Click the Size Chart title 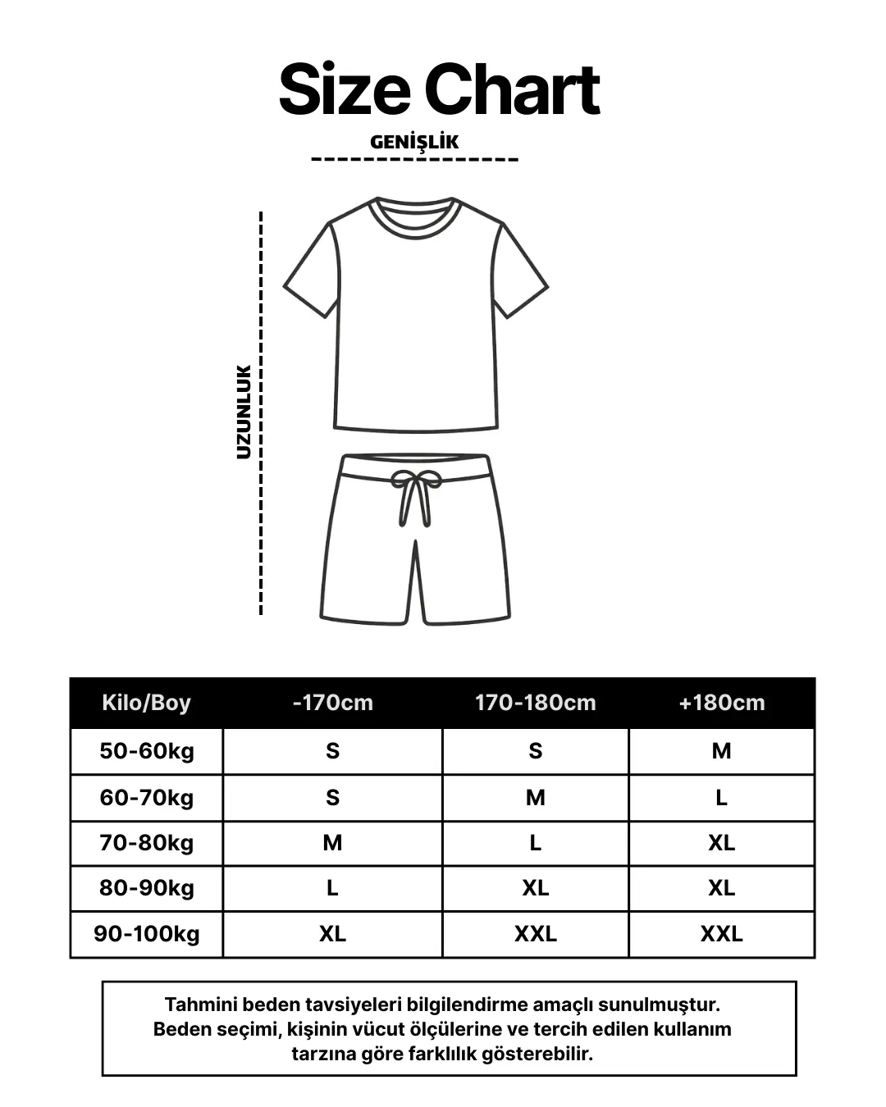pyautogui.click(x=440, y=90)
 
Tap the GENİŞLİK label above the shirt pyautogui.click(x=414, y=142)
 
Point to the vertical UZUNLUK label pyautogui.click(x=244, y=412)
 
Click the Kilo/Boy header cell pyautogui.click(x=146, y=703)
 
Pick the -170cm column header pyautogui.click(x=332, y=703)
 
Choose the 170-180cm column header pyautogui.click(x=535, y=703)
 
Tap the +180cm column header pyautogui.click(x=721, y=703)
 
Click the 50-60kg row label pyautogui.click(x=147, y=751)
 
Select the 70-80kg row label pyautogui.click(x=147, y=843)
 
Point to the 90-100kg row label pyautogui.click(x=147, y=934)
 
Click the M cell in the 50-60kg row pyautogui.click(x=721, y=751)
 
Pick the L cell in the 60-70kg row pyautogui.click(x=721, y=798)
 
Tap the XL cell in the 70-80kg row pyautogui.click(x=721, y=843)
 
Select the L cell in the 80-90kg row pyautogui.click(x=332, y=888)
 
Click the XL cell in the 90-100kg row pyautogui.click(x=332, y=934)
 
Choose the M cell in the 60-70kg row pyautogui.click(x=535, y=798)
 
